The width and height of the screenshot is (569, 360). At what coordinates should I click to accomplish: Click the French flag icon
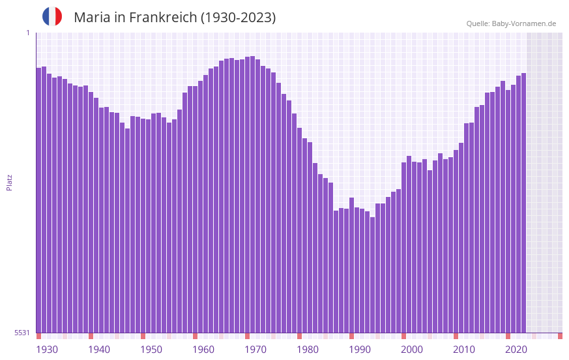pyautogui.click(x=52, y=17)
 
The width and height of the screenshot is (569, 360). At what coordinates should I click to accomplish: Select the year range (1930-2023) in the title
pyautogui.click(x=238, y=18)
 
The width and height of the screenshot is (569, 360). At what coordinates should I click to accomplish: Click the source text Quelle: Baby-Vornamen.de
pyautogui.click(x=511, y=23)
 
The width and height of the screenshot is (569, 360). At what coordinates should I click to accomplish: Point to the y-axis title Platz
pyautogui.click(x=9, y=182)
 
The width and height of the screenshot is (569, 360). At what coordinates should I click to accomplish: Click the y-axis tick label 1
pyautogui.click(x=27, y=33)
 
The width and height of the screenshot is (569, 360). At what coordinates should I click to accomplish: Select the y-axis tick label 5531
pyautogui.click(x=22, y=333)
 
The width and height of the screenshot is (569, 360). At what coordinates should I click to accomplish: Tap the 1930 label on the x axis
pyautogui.click(x=47, y=350)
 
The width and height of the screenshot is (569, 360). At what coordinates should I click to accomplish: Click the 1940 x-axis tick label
pyautogui.click(x=99, y=350)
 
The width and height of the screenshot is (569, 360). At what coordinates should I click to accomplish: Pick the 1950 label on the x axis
pyautogui.click(x=151, y=350)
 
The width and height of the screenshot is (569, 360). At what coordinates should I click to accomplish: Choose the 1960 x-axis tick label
pyautogui.click(x=203, y=350)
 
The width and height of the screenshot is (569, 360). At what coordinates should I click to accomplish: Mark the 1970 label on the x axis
pyautogui.click(x=255, y=350)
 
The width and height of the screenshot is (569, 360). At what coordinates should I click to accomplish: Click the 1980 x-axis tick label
pyautogui.click(x=308, y=350)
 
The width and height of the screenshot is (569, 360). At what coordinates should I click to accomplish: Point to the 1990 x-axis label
pyautogui.click(x=360, y=350)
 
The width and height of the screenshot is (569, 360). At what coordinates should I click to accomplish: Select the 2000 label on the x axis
pyautogui.click(x=412, y=350)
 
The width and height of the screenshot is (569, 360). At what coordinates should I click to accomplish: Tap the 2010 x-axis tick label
pyautogui.click(x=464, y=350)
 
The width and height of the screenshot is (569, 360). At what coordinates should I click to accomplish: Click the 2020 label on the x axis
pyautogui.click(x=516, y=350)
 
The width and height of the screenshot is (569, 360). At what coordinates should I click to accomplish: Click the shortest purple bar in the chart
pyautogui.click(x=372, y=275)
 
